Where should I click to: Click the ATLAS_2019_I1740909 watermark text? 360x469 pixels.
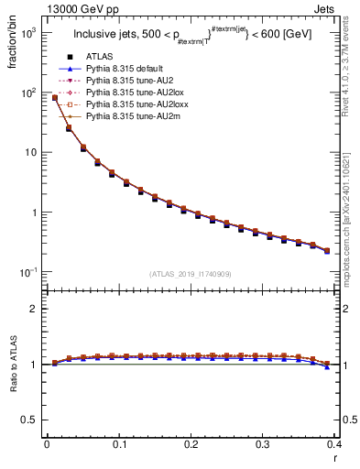191,274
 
